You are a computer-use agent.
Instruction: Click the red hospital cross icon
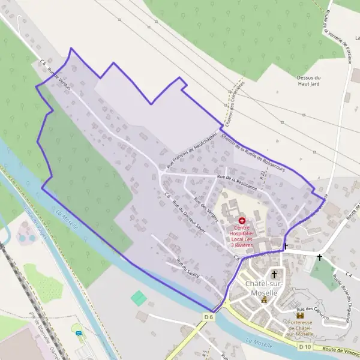pos(242,221)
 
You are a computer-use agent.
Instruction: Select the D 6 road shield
pos(208,316)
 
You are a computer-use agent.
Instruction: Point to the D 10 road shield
pos(305,347)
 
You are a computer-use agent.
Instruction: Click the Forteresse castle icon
pos(301,315)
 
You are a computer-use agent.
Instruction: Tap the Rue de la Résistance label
pos(238,182)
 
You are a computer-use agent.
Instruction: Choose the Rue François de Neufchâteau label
pos(191,149)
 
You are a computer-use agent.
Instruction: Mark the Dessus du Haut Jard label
pos(309,80)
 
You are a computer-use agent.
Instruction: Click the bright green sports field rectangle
pos(139,298)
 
